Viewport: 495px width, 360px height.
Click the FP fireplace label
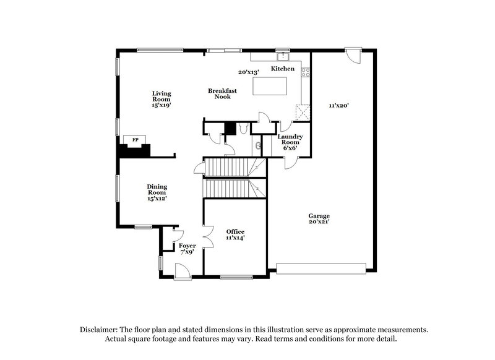coord(134,140)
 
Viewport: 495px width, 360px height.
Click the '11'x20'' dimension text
coord(340,106)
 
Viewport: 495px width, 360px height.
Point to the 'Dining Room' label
coord(157,189)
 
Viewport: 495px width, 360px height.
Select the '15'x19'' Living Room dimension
coord(161,106)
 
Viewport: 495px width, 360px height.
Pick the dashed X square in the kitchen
coord(302,111)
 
